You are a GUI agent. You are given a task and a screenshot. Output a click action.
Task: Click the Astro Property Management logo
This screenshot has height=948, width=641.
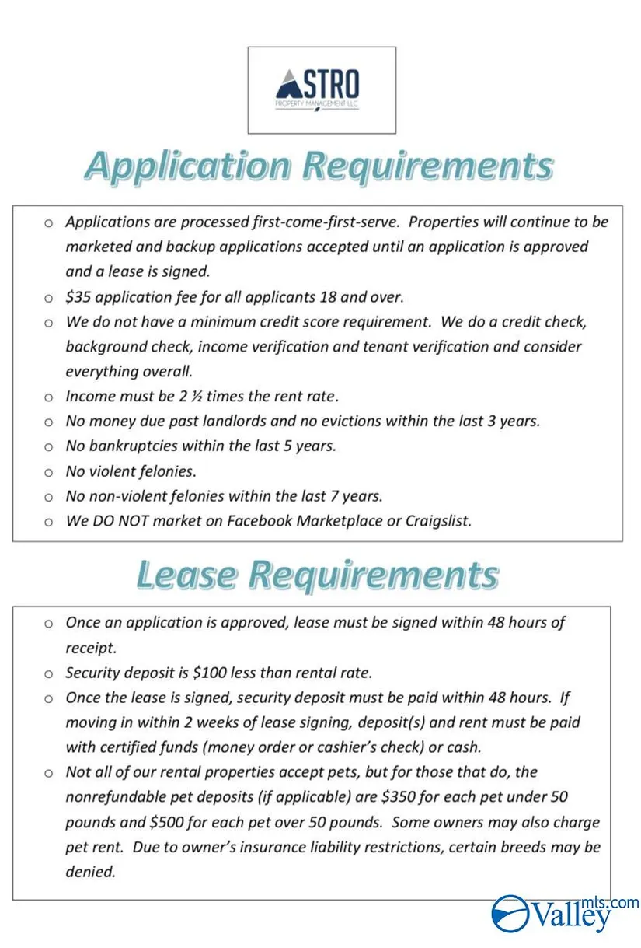[x=321, y=89]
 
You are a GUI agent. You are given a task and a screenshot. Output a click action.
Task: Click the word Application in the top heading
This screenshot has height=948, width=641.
[x=186, y=166]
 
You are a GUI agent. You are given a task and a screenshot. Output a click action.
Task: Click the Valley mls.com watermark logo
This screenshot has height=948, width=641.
[x=565, y=913]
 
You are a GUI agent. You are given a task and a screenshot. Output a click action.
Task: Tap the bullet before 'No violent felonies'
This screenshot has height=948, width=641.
[x=49, y=472]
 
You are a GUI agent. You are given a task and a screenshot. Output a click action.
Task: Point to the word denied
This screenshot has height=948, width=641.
[x=90, y=872]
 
